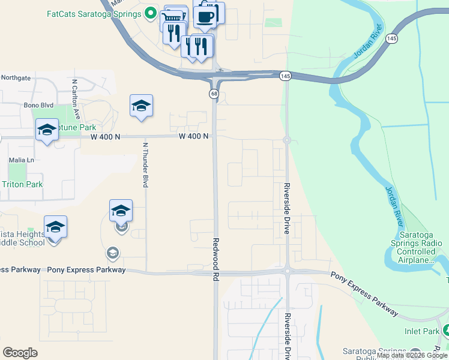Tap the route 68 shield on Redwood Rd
(x=214, y=94)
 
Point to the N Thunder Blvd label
(x=145, y=164)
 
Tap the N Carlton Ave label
(x=76, y=96)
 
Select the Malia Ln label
(x=22, y=160)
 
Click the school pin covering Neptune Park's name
(x=47, y=130)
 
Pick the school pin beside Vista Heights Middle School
(x=55, y=227)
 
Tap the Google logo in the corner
(x=20, y=352)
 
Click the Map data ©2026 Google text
(x=412, y=356)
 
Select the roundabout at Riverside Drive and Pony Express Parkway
(x=288, y=271)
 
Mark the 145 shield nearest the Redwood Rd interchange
(x=285, y=76)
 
